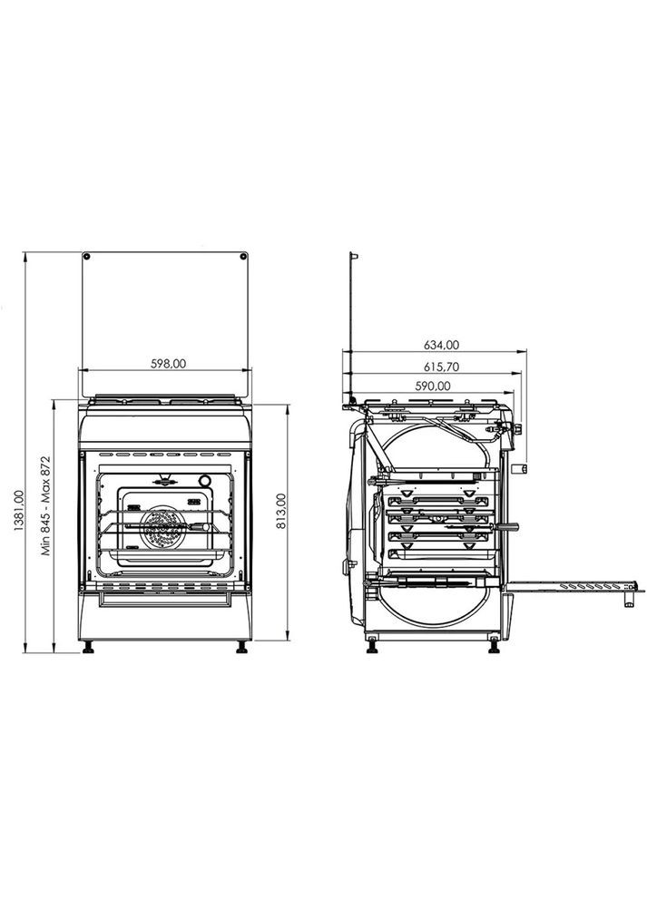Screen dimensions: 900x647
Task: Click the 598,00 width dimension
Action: pyautogui.click(x=167, y=363)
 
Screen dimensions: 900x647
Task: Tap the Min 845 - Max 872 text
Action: pyautogui.click(x=45, y=505)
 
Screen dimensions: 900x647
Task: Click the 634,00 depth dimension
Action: pyautogui.click(x=441, y=345)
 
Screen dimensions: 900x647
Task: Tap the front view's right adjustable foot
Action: pyautogui.click(x=241, y=647)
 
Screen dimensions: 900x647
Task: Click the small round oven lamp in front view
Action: pyautogui.click(x=205, y=481)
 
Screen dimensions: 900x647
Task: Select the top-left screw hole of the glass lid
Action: pyautogui.click(x=87, y=258)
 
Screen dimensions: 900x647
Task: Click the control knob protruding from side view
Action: pyautogui.click(x=521, y=468)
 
